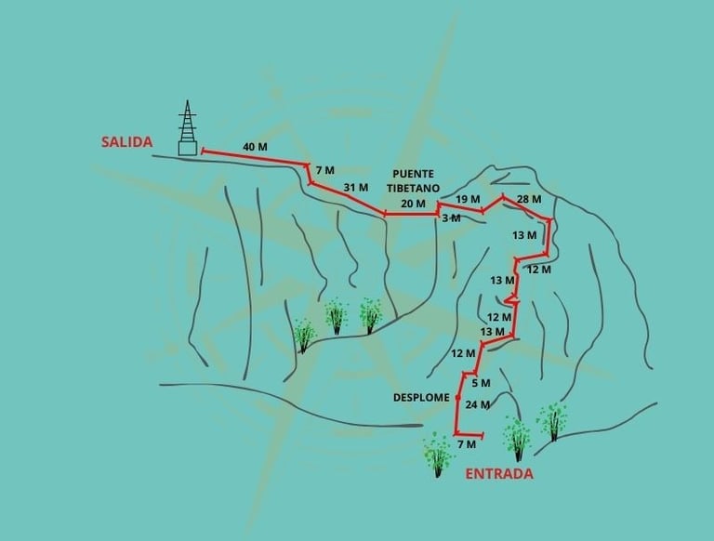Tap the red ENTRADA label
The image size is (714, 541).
tap(498, 473)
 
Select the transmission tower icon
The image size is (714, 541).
tap(189, 128)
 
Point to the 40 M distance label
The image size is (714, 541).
tap(255, 147)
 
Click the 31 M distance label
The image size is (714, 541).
tap(356, 188)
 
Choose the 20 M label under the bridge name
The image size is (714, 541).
tap(413, 204)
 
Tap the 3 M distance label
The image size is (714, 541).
tap(451, 218)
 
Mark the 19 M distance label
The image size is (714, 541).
tap(469, 199)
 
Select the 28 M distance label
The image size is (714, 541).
tap(529, 200)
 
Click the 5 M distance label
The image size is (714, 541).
tap(481, 383)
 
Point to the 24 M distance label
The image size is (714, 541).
tap(478, 404)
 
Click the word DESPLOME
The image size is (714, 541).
tap(421, 397)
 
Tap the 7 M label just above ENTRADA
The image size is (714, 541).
tap(468, 446)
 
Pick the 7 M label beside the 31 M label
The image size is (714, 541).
tap(324, 170)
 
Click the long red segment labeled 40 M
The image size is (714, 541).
tap(255, 158)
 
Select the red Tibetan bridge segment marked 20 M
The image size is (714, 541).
tap(411, 215)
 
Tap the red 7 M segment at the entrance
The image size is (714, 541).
tap(469, 435)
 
